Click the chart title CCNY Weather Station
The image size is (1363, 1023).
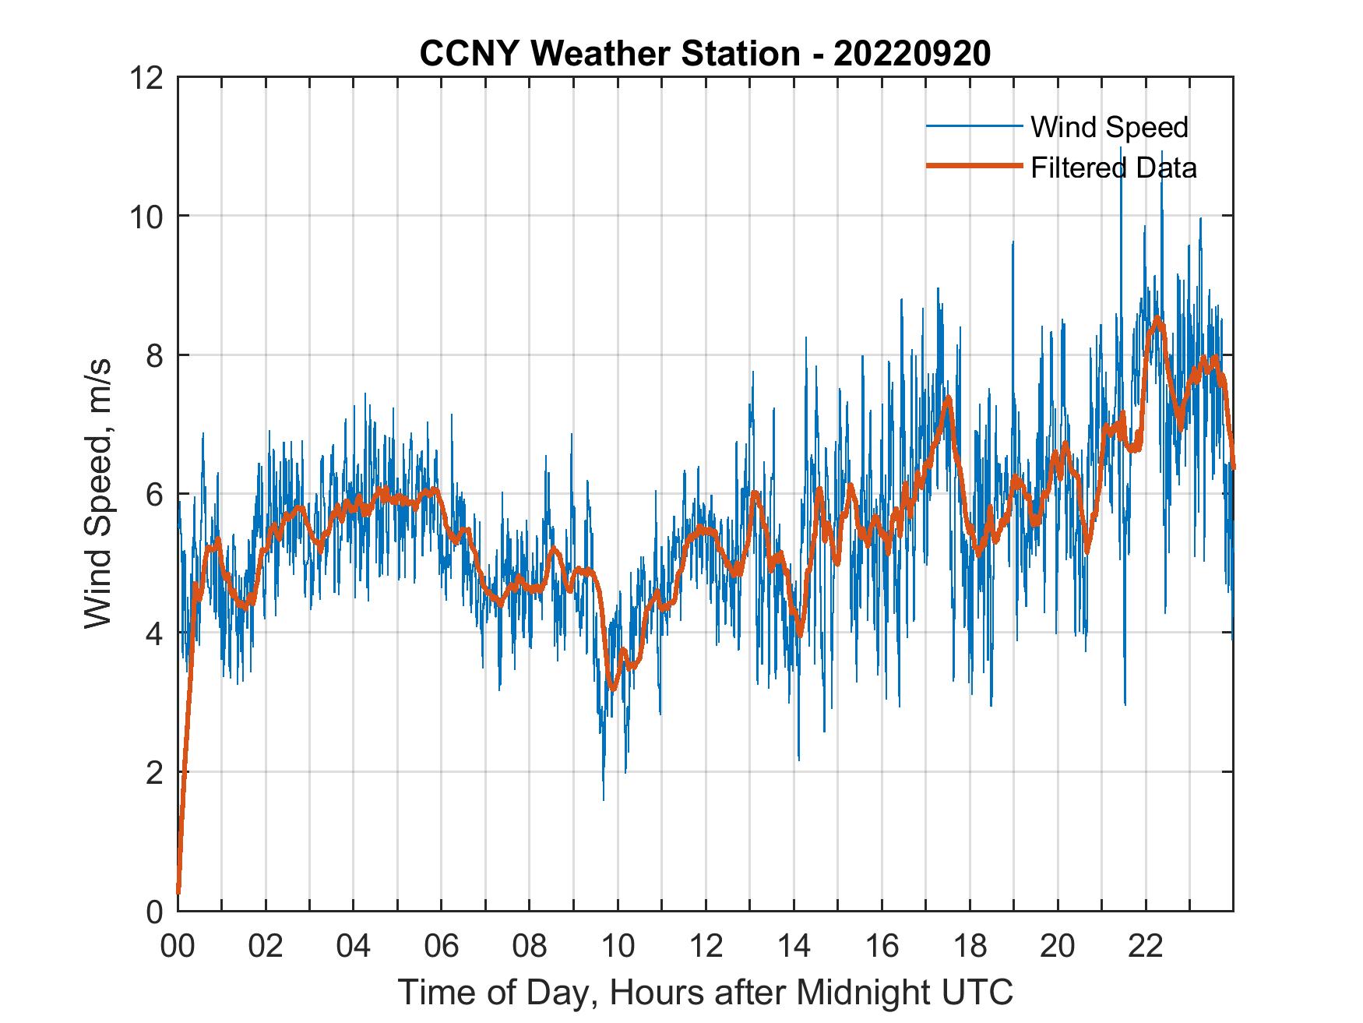click(x=609, y=54)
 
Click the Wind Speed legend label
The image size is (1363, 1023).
click(x=1109, y=127)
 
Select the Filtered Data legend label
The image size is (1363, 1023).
click(x=1113, y=168)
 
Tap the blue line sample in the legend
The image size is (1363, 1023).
click(x=974, y=126)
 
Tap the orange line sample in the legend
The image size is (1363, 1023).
click(x=974, y=166)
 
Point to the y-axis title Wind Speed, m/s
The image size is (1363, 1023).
click(x=98, y=493)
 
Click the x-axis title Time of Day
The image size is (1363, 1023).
click(x=705, y=992)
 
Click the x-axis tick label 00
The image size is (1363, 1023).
click(x=178, y=946)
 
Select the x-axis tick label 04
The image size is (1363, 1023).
click(x=354, y=946)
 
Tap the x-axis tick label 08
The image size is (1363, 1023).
click(x=530, y=946)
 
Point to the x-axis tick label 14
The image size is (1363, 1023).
click(x=794, y=946)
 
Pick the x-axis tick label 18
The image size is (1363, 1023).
click(x=970, y=946)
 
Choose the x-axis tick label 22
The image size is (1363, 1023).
click(x=1146, y=946)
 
